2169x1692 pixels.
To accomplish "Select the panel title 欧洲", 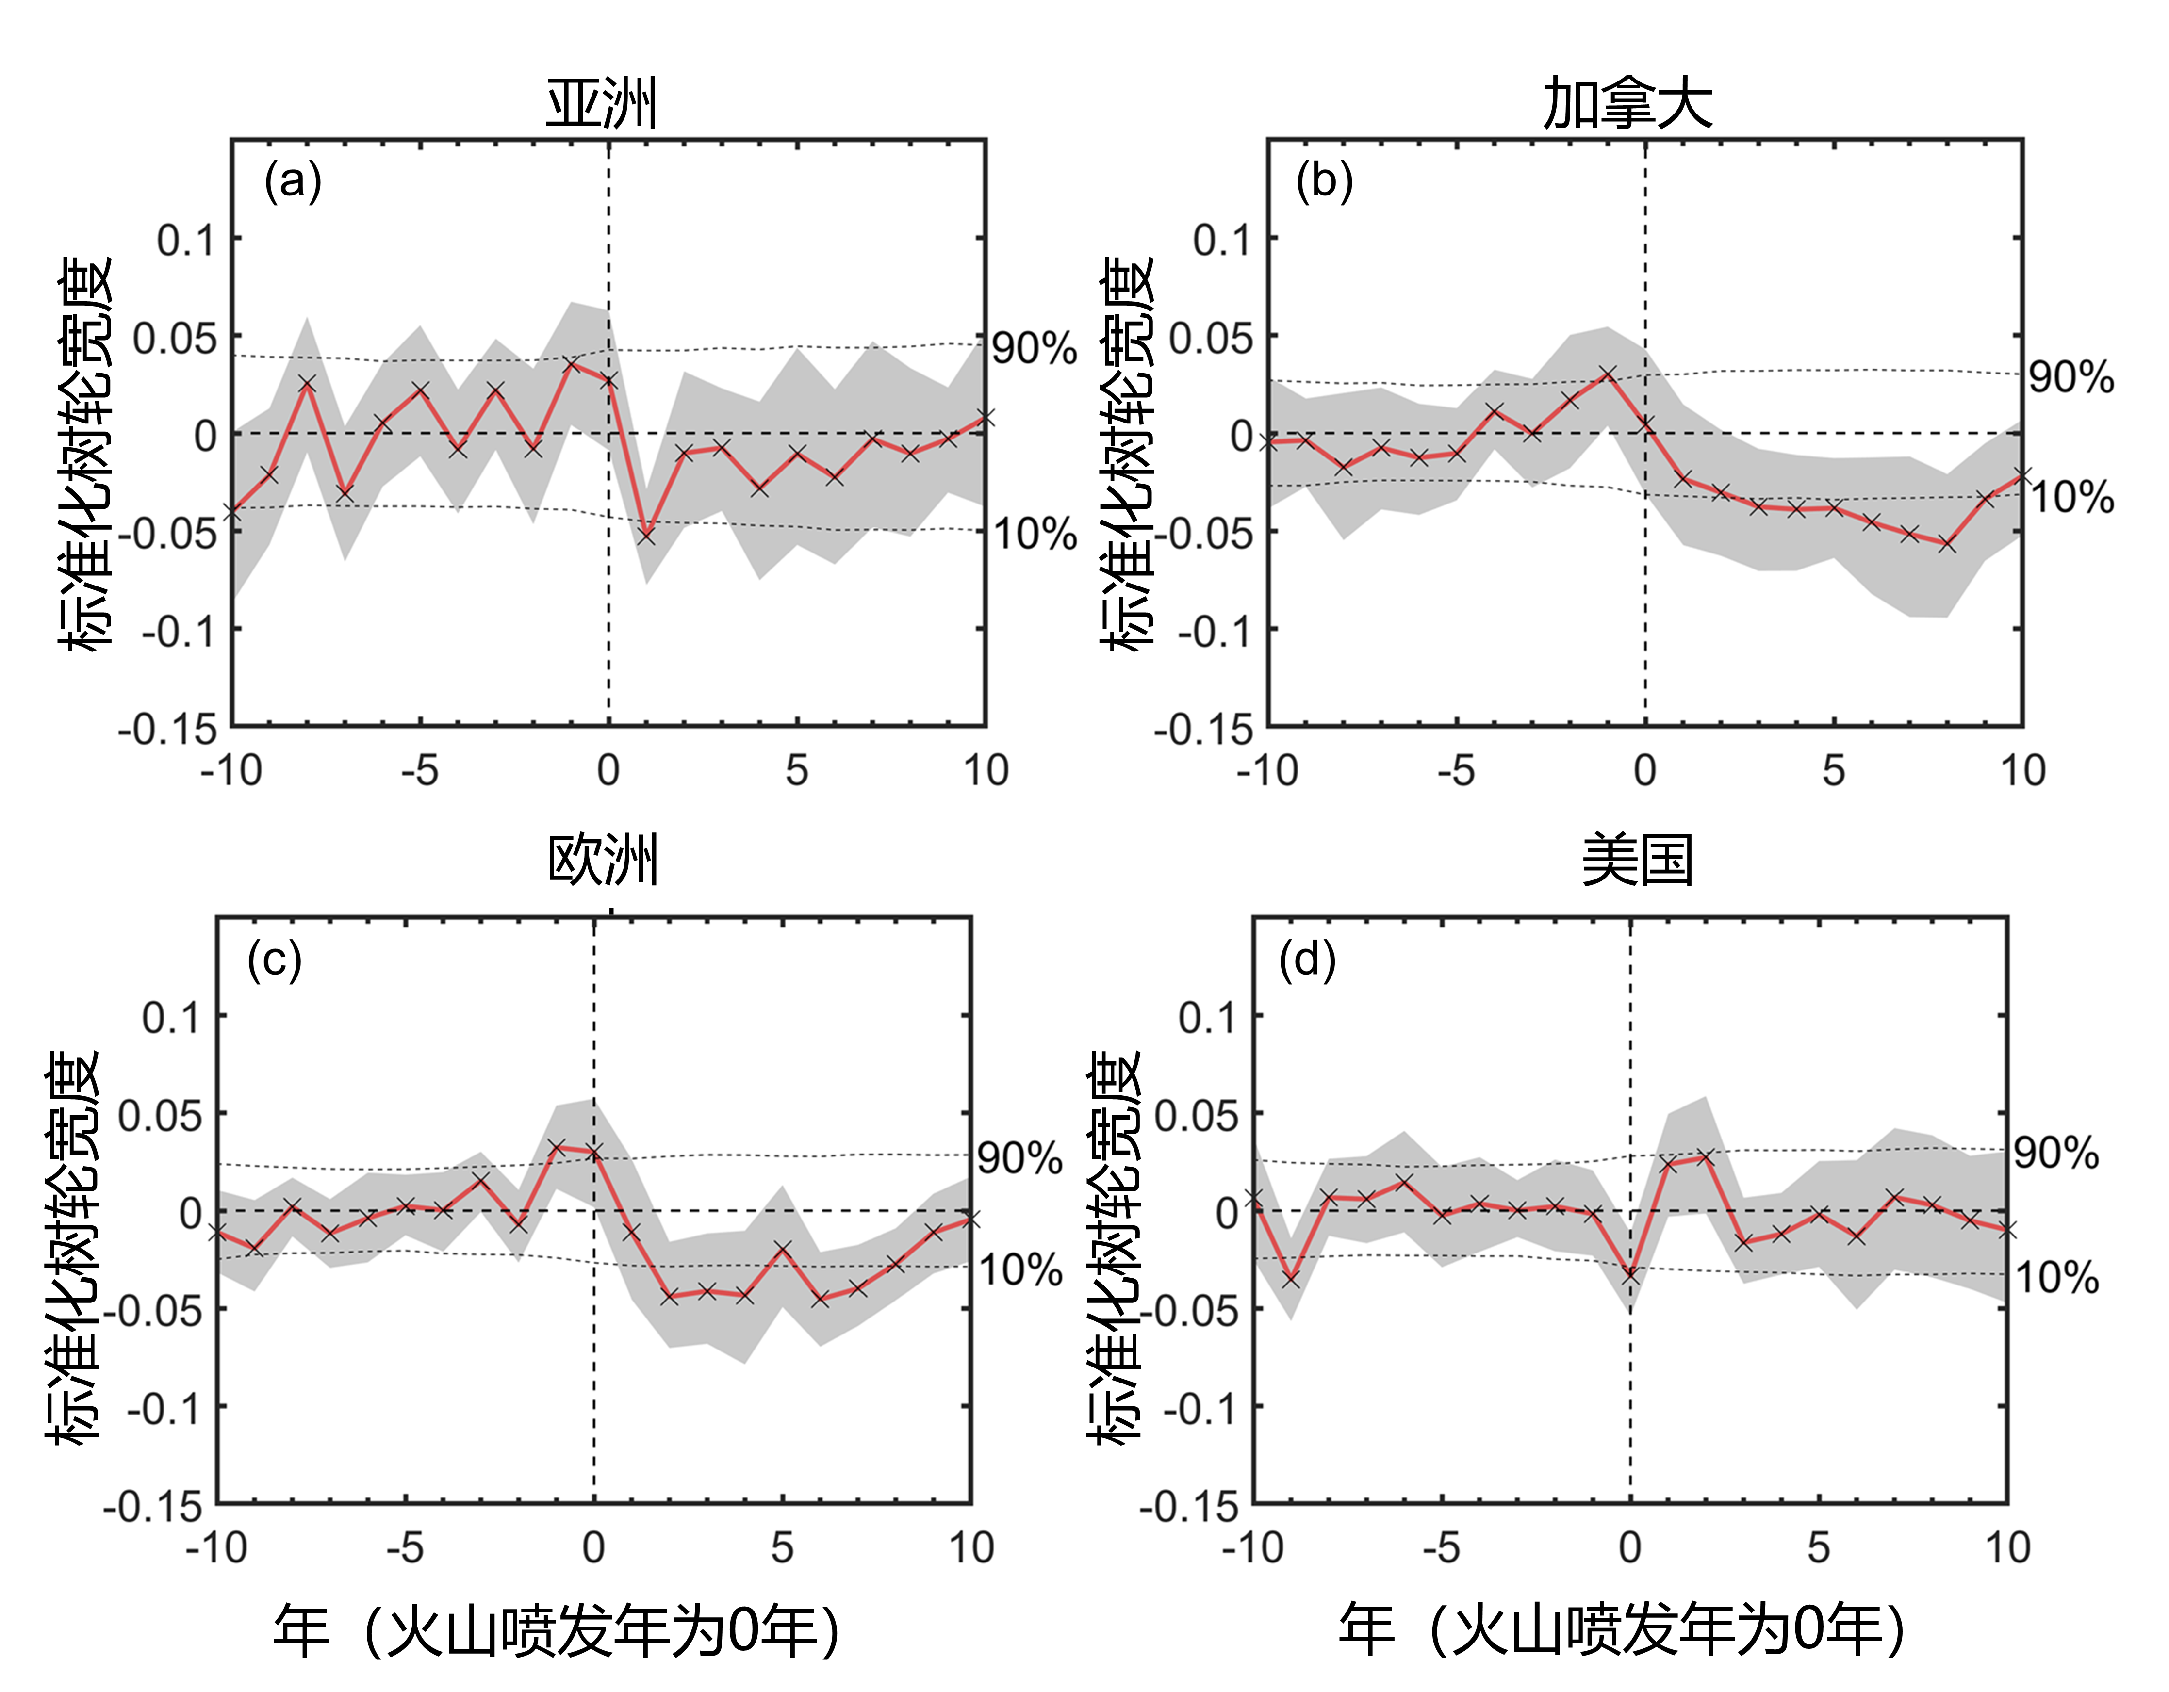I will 603,860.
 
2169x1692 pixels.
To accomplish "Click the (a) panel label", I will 293,182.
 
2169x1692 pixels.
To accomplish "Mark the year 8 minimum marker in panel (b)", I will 1947,544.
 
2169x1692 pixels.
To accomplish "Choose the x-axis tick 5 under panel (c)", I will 783,1548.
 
